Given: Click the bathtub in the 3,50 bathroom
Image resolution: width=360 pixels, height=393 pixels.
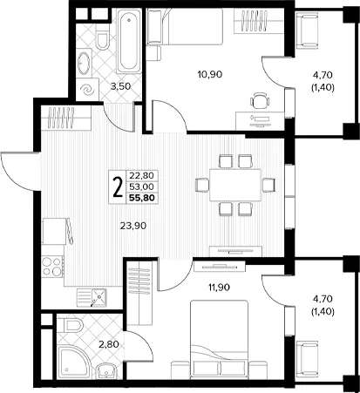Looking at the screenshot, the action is click(x=128, y=41).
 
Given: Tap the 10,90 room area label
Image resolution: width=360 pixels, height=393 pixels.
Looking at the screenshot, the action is click(x=210, y=74).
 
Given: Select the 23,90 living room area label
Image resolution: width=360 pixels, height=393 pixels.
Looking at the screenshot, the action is click(x=133, y=226).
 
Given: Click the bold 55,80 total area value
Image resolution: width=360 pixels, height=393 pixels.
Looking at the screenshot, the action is click(x=142, y=198).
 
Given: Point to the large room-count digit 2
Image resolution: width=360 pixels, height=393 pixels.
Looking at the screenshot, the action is click(x=118, y=187).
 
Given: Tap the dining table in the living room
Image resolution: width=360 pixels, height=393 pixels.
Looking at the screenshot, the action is click(x=235, y=185).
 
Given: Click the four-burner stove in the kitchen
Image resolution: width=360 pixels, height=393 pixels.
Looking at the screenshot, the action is click(x=52, y=266).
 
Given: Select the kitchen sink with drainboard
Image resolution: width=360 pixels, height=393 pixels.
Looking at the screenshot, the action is click(x=92, y=298).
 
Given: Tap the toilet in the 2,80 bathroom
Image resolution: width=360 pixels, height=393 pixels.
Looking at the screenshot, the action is click(x=71, y=325).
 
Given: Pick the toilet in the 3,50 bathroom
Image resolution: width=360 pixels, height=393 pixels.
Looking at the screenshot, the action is click(x=102, y=41).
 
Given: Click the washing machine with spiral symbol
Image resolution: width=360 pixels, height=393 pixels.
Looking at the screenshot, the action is click(x=87, y=90).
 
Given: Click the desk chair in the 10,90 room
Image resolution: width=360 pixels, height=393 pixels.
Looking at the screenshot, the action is click(x=260, y=100).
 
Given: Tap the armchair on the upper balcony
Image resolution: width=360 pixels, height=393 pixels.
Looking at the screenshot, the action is click(x=307, y=30).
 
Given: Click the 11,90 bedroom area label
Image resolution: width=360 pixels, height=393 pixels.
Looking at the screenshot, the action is click(x=219, y=288).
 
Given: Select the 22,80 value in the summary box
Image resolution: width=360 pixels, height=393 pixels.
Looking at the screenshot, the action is click(x=142, y=175).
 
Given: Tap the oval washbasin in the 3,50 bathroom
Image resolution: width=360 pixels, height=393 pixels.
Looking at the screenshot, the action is click(x=84, y=63).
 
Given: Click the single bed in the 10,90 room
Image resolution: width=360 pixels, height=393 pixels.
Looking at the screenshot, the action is click(x=185, y=27).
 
